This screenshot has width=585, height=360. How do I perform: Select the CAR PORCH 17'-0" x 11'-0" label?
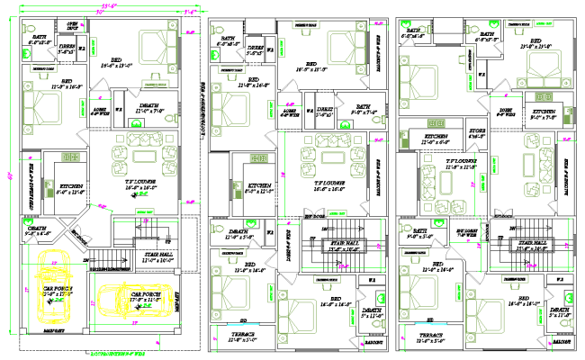[x=146, y=297]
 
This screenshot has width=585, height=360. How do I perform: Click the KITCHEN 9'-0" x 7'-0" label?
[x=544, y=113]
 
